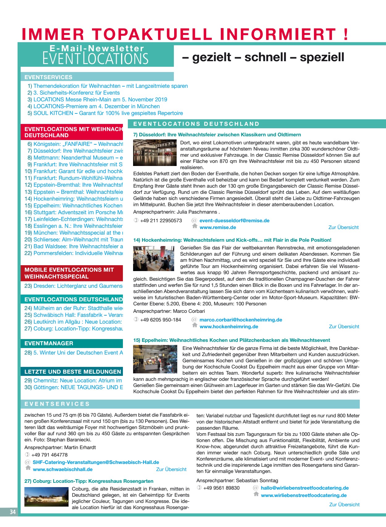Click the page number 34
12,512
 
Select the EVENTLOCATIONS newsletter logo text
95,59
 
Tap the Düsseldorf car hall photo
155,153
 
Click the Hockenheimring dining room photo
153,258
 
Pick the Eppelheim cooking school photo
155,359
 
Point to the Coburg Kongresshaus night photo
46,497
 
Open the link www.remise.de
218,227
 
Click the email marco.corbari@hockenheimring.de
241,320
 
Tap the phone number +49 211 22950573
161,221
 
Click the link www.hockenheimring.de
229,327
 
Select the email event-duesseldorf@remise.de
234,221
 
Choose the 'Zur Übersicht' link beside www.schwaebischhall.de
171,470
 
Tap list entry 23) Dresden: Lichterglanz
73,286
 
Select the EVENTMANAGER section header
49,343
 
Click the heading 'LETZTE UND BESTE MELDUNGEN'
73,372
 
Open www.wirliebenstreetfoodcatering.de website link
304,495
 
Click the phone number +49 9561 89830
221,488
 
